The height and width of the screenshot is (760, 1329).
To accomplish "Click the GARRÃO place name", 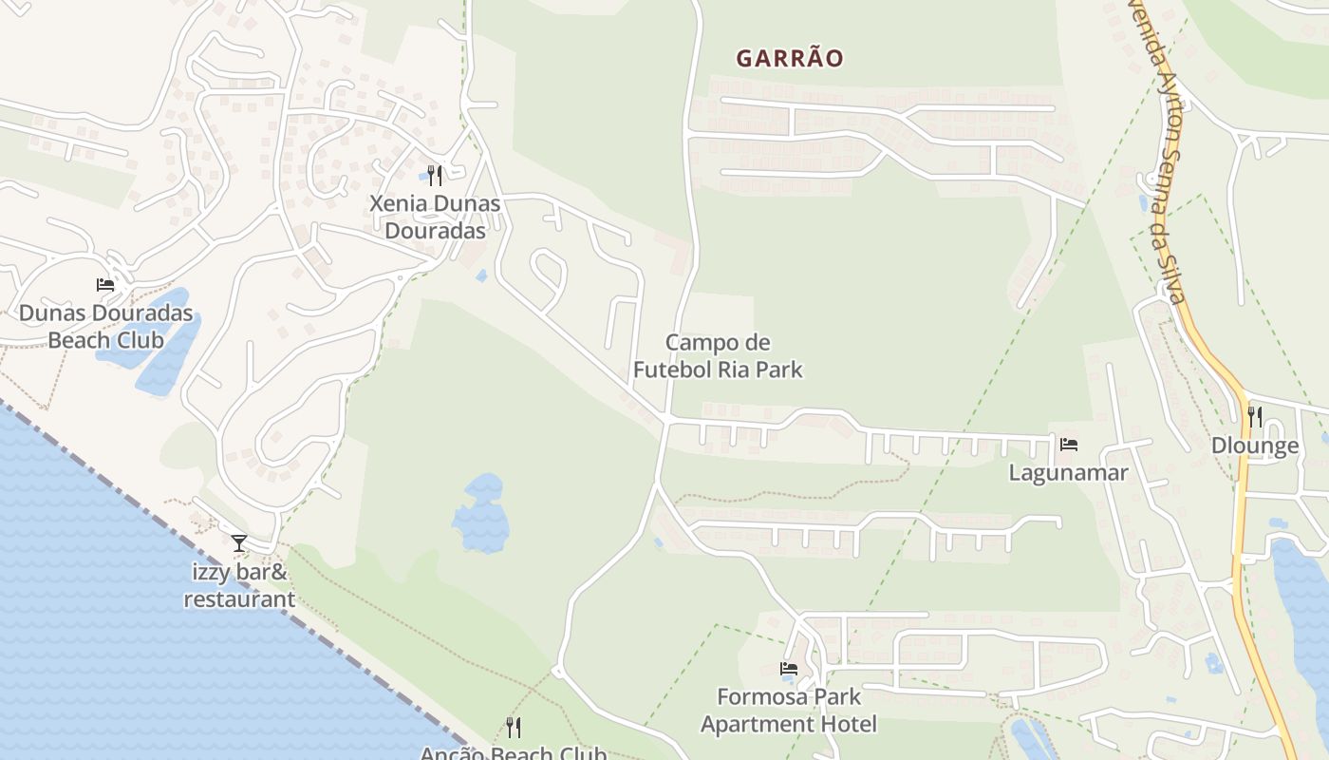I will click(789, 58).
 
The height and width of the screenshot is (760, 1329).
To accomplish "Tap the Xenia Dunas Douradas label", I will click(435, 217).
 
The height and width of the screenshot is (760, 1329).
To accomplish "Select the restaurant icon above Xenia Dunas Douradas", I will click(435, 175).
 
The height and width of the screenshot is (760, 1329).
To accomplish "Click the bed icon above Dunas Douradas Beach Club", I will click(105, 284).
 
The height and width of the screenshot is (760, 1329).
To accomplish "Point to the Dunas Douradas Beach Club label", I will click(105, 326).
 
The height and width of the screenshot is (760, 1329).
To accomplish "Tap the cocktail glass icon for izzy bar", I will click(238, 542).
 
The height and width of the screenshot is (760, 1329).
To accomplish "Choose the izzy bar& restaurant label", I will click(239, 585).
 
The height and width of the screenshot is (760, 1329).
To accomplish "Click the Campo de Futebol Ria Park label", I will click(718, 355).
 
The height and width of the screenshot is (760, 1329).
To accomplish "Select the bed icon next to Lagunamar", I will click(1069, 444).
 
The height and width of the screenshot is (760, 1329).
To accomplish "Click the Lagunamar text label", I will click(1068, 472).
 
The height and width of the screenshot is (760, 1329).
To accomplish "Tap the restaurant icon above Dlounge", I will click(1255, 416).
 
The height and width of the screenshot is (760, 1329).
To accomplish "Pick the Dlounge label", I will click(1255, 446).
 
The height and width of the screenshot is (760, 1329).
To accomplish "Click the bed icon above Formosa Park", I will click(789, 668).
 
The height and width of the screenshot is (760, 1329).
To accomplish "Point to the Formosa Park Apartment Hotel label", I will click(789, 710).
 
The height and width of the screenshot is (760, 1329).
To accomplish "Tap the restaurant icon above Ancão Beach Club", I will click(514, 728).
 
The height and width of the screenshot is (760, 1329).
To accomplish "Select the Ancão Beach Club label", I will click(514, 753).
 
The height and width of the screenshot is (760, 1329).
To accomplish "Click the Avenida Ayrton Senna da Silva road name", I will click(1160, 152).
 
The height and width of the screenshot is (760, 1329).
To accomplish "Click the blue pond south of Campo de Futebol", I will click(481, 515).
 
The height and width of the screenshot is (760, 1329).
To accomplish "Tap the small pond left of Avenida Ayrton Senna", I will click(1145, 203).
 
